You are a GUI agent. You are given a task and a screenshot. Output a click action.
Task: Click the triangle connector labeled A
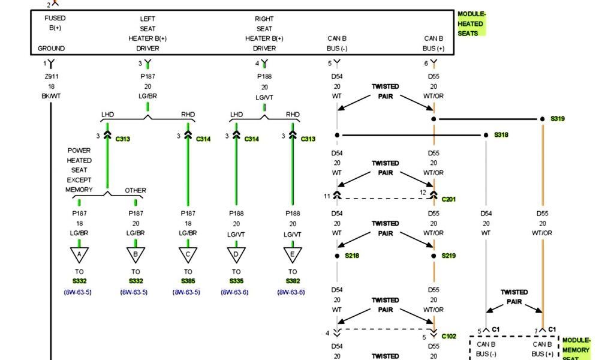pos(79,255)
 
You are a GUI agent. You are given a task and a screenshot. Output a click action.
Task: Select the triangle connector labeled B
pos(136,255)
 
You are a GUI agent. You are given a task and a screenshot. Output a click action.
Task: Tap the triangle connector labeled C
pos(188,255)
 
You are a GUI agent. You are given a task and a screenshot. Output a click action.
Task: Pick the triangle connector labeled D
pos(236,255)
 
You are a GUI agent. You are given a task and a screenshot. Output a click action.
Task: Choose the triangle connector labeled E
pos(292,255)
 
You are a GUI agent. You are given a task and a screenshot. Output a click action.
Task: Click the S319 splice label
pos(558,119)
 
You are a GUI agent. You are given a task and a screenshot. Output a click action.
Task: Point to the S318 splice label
pos(501,135)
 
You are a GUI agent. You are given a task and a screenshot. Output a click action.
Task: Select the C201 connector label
pos(449,199)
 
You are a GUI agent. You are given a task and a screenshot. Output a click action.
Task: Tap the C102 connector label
pos(449,337)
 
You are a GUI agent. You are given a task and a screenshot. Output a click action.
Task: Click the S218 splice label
pos(352,256)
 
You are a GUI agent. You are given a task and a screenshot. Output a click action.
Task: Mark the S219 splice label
pos(449,256)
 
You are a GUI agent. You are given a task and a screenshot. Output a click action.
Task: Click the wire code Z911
pos(51,76)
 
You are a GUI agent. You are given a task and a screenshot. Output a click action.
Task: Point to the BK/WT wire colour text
pos(51,96)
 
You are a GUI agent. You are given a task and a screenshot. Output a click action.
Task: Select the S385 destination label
pos(188,281)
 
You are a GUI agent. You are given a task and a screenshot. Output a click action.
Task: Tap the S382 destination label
pos(292,281)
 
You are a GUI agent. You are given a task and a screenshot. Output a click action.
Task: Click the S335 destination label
pos(236,281)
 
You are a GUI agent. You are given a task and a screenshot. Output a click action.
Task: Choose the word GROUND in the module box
pos(51,49)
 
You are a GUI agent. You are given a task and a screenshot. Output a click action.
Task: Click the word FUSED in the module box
pos(55,18)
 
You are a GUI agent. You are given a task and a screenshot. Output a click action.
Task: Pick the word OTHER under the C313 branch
pos(136,191)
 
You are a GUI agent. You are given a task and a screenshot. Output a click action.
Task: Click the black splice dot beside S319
pos(543,119)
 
